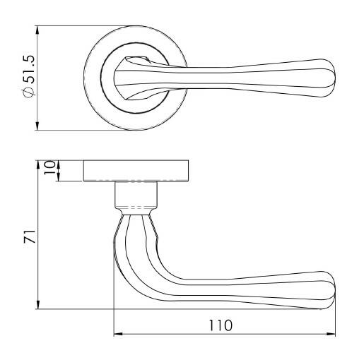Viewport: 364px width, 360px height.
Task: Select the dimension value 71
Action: click(x=28, y=236)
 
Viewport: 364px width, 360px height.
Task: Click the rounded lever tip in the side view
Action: click(x=329, y=287)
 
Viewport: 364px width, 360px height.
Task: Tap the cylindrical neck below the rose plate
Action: click(x=134, y=194)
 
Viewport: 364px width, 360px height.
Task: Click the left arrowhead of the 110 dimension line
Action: click(x=117, y=334)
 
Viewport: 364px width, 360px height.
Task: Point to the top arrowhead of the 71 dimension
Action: click(x=37, y=164)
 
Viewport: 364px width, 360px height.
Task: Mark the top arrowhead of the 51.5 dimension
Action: click(x=37, y=30)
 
